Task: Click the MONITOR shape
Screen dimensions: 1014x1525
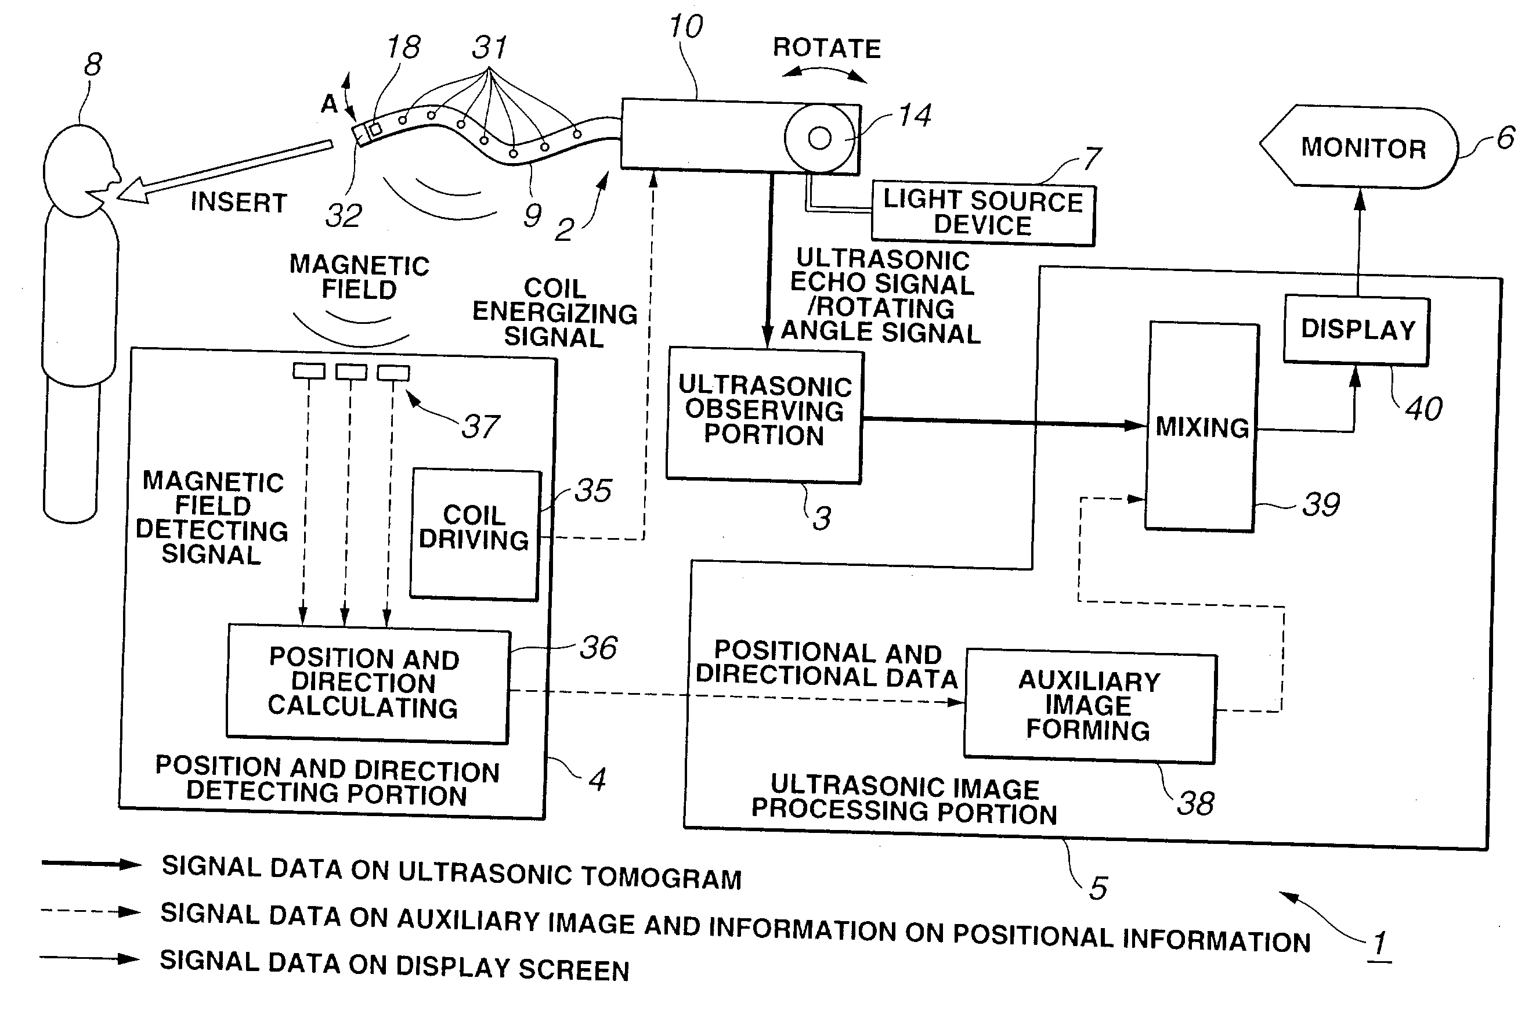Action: pos(1361,147)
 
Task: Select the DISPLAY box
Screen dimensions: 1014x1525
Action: pos(1356,330)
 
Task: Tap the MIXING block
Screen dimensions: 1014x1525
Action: pos(1201,427)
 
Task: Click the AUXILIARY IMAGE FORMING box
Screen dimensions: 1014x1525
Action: pos(1089,706)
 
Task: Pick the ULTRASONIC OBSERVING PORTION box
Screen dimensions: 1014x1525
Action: pos(764,414)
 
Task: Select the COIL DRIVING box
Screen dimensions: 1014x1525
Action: pos(475,534)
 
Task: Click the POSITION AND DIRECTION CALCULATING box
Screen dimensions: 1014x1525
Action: pos(367,683)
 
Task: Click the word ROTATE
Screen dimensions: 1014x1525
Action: pos(827,49)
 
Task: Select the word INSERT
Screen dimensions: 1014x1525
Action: pos(238,203)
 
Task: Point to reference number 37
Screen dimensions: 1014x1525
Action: pos(480,426)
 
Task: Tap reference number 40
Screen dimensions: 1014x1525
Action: pos(1423,409)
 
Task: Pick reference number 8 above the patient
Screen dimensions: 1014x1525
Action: pos(93,64)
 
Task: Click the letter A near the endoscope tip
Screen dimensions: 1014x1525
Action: pos(330,103)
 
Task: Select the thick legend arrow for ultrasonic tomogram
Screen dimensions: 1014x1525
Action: pos(91,864)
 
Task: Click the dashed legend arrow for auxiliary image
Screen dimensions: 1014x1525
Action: pos(91,912)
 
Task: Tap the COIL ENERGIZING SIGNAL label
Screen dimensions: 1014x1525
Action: pos(555,313)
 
